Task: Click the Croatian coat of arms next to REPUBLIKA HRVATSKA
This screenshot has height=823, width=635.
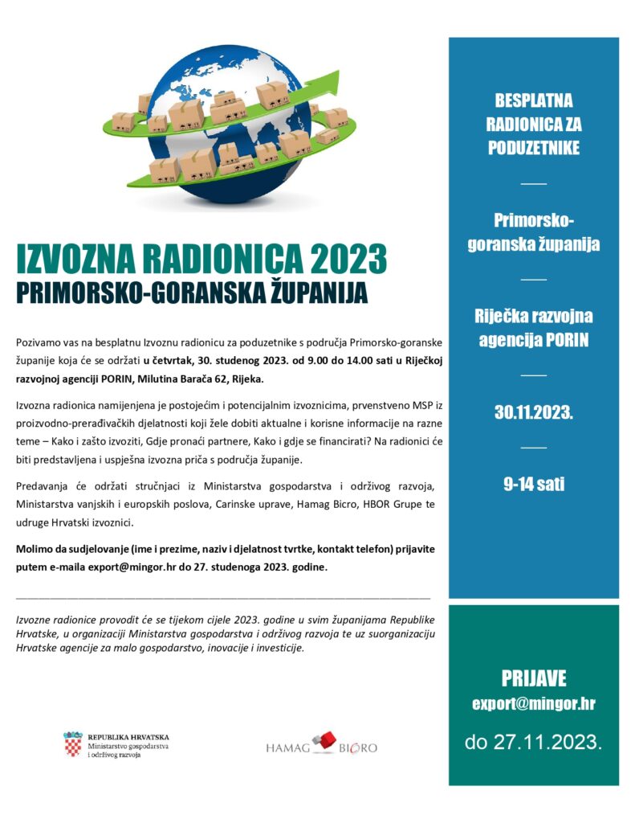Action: click(x=73, y=745)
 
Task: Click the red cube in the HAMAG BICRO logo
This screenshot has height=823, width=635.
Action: click(x=326, y=740)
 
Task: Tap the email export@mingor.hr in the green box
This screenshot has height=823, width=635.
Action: click(x=533, y=704)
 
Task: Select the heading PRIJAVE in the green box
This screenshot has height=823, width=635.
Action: click(x=534, y=678)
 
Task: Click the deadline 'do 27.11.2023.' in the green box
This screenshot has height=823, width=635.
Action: click(x=533, y=740)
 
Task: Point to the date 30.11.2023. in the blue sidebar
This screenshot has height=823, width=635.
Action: click(x=533, y=413)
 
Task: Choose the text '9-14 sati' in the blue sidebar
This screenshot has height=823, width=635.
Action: click(x=533, y=484)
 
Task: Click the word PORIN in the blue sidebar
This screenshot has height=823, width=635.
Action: click(x=566, y=340)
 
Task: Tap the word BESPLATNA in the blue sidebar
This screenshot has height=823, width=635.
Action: click(x=533, y=102)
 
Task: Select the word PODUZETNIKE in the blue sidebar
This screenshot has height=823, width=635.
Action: click(x=533, y=148)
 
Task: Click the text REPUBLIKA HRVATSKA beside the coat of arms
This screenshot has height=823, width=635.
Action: click(x=128, y=736)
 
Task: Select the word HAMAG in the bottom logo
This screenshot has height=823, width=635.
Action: click(x=288, y=747)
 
